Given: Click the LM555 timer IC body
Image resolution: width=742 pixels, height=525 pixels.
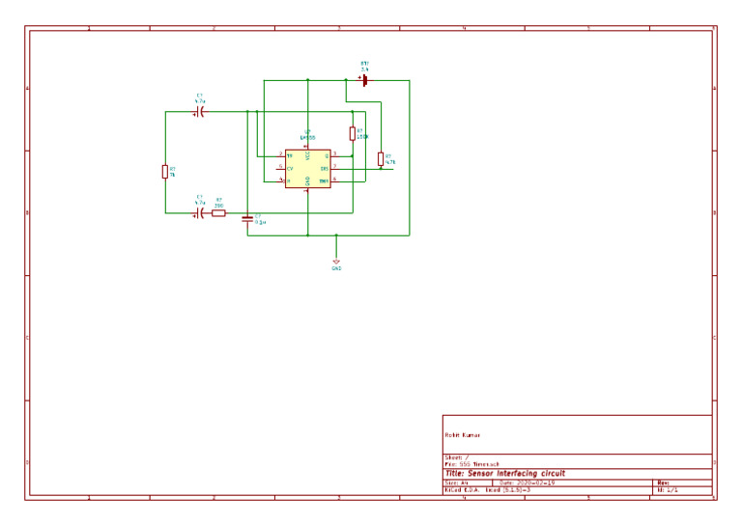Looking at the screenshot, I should tap(307, 168).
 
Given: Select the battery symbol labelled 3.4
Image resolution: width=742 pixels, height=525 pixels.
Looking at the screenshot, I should tap(365, 81).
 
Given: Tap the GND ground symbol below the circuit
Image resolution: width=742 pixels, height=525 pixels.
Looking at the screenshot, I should tap(336, 262).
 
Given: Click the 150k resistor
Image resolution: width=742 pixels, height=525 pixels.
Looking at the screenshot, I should tap(353, 134).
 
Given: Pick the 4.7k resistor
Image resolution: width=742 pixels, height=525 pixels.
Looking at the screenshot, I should tap(381, 158).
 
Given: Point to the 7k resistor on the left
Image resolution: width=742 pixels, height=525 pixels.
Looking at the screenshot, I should tap(165, 172).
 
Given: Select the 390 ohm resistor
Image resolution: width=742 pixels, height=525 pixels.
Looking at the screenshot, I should tap(219, 213).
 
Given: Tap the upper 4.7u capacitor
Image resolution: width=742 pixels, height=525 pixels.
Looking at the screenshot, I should tap(200, 112).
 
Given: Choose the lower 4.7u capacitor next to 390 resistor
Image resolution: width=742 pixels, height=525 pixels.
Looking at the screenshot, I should tap(200, 213).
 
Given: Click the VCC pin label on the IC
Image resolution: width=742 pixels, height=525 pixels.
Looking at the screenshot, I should tap(307, 154).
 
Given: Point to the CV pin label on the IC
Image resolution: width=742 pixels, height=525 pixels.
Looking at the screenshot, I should tap(289, 168).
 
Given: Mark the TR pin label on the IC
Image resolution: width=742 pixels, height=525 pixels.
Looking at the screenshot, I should tap(289, 155).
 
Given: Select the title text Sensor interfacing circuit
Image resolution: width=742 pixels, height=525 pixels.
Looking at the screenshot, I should tap(504, 474).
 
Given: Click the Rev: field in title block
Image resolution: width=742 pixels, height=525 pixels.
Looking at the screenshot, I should tap(663, 483).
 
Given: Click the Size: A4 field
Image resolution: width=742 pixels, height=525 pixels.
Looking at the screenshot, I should tap(456, 483).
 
